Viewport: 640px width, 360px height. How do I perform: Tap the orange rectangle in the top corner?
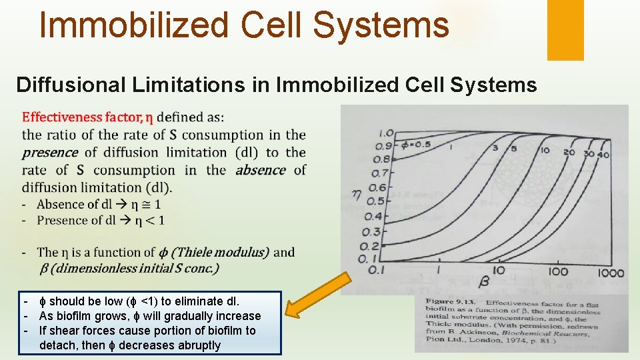click(x=565, y=29)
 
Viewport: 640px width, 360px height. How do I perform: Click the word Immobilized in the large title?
click(x=133, y=25)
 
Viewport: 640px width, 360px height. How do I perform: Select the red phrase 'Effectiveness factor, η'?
click(x=87, y=118)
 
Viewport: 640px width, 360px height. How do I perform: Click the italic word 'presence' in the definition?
click(x=49, y=153)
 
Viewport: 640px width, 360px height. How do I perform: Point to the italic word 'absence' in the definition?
click(x=261, y=170)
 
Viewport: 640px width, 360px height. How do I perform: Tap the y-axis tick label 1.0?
click(x=386, y=133)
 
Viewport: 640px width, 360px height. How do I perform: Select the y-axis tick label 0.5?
click(x=377, y=201)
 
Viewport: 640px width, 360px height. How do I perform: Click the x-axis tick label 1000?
click(x=611, y=272)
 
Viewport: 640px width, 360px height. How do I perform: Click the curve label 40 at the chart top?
click(x=603, y=154)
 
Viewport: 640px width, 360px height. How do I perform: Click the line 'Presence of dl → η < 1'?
click(x=100, y=220)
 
